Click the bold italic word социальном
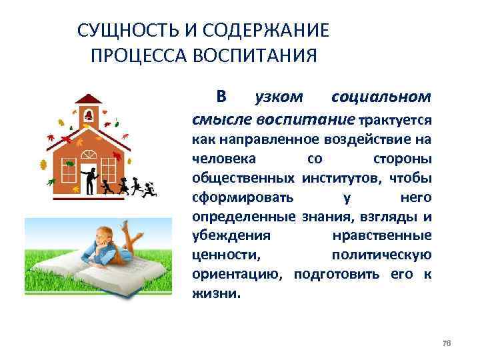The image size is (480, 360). pos(381,98)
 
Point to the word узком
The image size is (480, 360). pos(279,98)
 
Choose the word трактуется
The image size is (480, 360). pos(396,121)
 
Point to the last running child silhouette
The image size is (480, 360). pos(149,189)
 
